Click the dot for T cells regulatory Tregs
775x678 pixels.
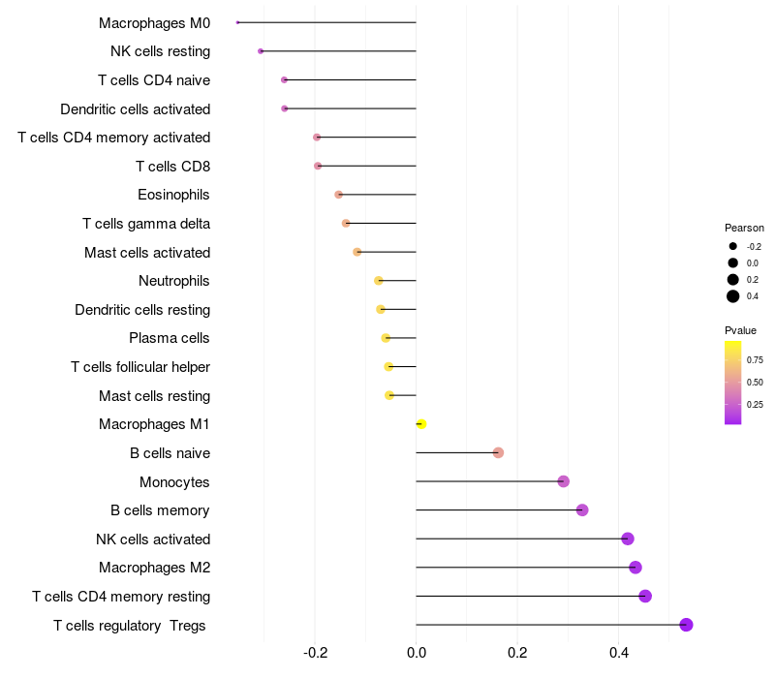pos(686,625)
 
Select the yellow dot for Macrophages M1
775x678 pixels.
pos(420,424)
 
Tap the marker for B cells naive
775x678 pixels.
pos(498,452)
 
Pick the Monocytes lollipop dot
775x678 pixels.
pos(563,481)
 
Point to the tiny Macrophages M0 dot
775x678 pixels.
pos(237,22)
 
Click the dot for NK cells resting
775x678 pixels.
pos(261,50)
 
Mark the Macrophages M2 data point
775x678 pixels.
pos(635,568)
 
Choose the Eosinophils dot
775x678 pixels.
pos(338,195)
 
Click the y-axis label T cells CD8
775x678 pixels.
pos(172,167)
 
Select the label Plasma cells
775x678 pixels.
pos(170,338)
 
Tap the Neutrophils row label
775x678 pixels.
pos(174,281)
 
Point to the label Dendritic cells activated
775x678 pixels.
pos(135,108)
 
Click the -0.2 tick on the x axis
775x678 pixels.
pos(315,652)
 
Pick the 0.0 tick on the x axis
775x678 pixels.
pos(416,652)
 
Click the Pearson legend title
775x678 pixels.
pos(744,228)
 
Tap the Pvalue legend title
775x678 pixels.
pos(740,330)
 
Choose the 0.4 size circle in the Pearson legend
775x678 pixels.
pos(733,296)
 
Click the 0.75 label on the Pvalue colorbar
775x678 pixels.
pos(754,359)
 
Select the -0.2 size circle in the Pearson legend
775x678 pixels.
pos(733,246)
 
